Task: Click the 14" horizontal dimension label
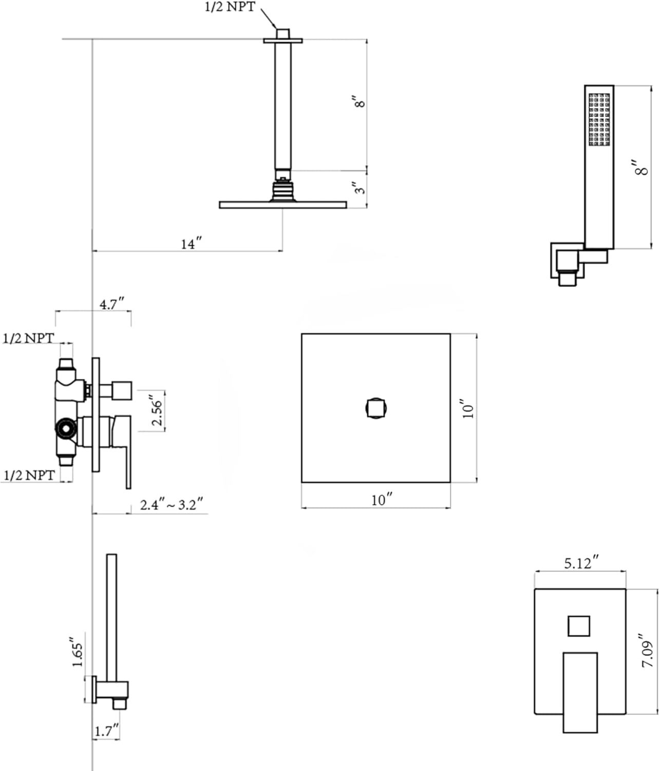191,244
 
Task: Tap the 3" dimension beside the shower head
360,188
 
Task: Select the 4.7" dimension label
111,304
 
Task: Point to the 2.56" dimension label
157,411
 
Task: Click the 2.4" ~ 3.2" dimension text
171,504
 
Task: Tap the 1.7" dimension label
107,730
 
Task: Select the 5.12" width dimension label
581,562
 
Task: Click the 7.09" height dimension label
647,650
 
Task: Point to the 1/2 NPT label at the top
230,7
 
